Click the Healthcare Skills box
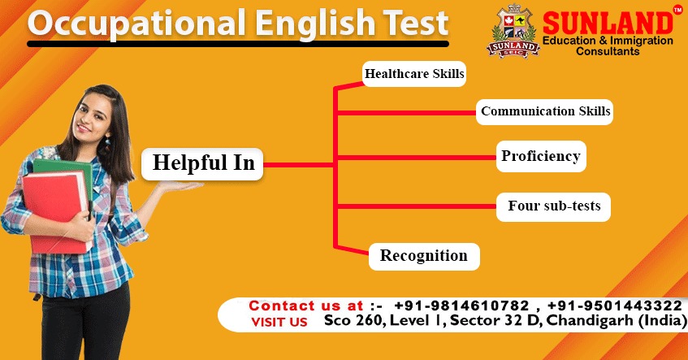pos(414,74)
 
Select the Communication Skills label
pos(545,111)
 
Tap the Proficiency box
pos(540,156)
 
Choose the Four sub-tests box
pos(554,206)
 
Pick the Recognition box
pos(423,255)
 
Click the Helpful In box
pos(203,163)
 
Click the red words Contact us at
pos(305,306)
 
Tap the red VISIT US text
pos(279,322)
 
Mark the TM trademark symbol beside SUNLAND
pos(678,10)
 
